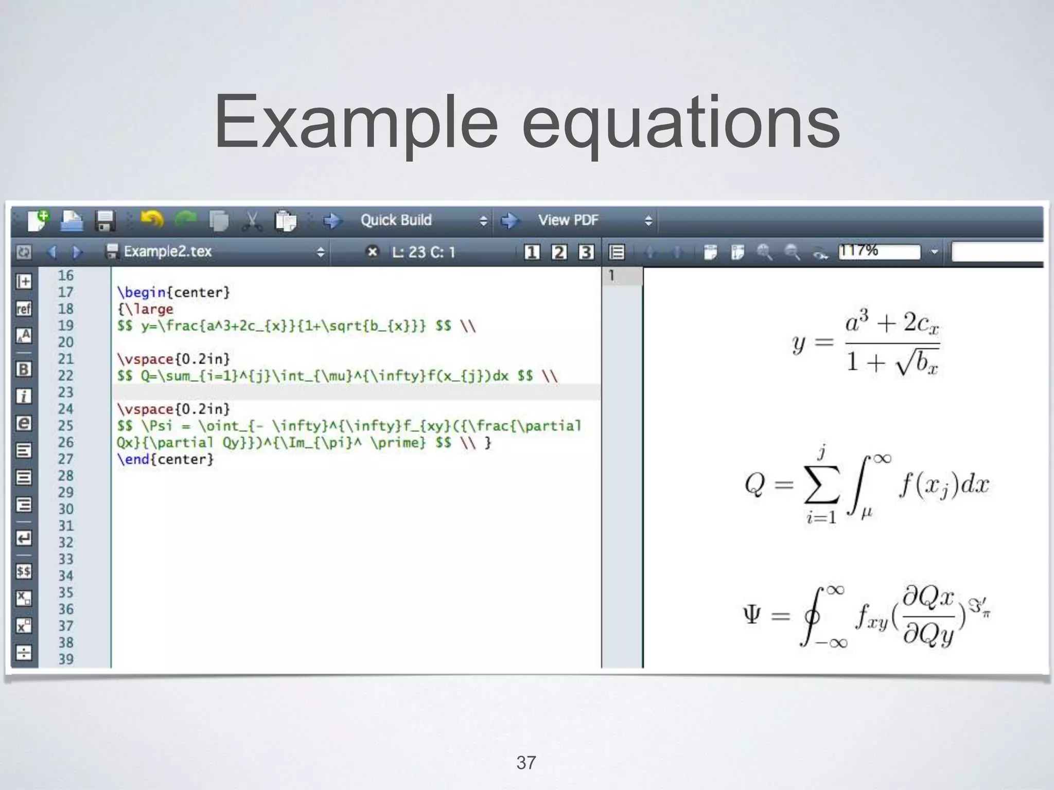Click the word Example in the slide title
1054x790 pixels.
coord(356,123)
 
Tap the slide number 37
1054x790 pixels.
coord(526,762)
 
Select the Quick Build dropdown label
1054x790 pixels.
coord(396,220)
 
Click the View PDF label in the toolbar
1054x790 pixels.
coord(568,220)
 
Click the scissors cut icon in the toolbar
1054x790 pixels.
coord(252,221)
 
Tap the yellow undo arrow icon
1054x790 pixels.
coord(152,220)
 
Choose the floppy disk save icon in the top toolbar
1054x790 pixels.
coord(105,221)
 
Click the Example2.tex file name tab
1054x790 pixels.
coord(167,252)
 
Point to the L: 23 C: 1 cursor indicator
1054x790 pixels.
coord(424,252)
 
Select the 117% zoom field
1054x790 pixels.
coord(879,252)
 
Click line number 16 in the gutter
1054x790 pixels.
coord(65,276)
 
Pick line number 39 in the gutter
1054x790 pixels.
coord(65,659)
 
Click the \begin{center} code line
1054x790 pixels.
coord(173,292)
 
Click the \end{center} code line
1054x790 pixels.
coord(165,459)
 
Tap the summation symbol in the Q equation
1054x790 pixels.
coord(821,484)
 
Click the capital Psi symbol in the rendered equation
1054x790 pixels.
coord(752,615)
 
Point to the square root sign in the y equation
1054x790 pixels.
coord(904,363)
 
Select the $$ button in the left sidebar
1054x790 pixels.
coord(24,571)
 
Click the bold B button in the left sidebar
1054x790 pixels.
coord(24,369)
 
